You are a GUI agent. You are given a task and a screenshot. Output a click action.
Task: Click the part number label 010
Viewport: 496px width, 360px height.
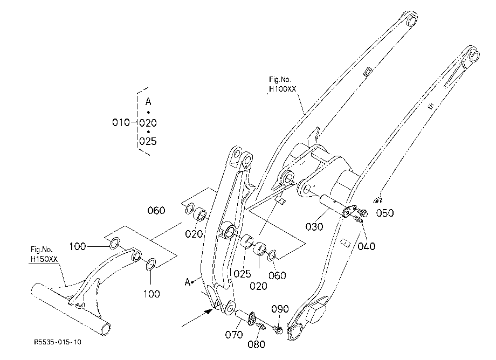click(x=121, y=122)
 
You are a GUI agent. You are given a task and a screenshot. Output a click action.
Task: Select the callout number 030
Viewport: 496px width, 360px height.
click(x=314, y=227)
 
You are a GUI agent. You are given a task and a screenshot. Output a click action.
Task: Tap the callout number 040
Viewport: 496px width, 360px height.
click(x=366, y=246)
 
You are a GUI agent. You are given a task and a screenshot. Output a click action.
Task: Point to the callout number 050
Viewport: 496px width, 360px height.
click(x=385, y=213)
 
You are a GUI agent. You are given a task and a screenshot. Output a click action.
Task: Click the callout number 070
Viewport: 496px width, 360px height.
click(x=234, y=334)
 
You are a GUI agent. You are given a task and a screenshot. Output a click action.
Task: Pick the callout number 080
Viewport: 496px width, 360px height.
click(x=256, y=344)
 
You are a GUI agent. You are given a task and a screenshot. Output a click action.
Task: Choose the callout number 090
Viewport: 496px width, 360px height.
click(x=280, y=309)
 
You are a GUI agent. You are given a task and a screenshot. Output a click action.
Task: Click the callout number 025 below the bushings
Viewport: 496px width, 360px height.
click(x=242, y=274)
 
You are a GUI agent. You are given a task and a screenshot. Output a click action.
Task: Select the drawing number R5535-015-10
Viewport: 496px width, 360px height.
click(x=58, y=342)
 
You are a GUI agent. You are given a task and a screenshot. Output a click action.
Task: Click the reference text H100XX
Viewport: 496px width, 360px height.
click(x=283, y=89)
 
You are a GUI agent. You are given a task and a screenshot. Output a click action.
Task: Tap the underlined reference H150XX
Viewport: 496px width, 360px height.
click(x=44, y=259)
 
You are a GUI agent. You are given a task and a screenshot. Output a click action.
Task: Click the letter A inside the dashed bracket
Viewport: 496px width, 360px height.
click(x=148, y=102)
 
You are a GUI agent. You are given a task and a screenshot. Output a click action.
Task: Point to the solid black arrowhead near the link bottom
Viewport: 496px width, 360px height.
click(x=209, y=311)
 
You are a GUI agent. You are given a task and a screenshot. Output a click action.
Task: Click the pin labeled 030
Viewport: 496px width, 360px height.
click(x=333, y=204)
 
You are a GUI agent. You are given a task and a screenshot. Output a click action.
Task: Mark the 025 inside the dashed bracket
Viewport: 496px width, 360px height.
click(x=148, y=141)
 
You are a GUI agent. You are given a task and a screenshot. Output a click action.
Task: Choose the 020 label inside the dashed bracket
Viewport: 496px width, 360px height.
click(x=148, y=123)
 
